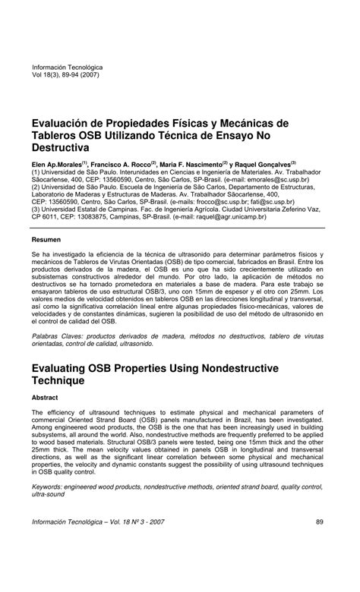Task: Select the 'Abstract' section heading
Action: (46, 397)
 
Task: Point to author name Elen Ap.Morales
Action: (57, 163)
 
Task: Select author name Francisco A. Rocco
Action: (125, 163)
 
